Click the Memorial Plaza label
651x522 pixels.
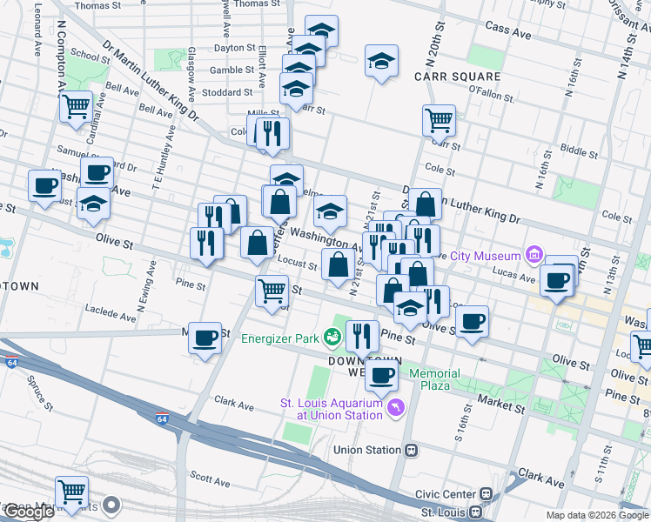click(x=441, y=378)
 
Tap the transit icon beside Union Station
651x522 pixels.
click(x=413, y=451)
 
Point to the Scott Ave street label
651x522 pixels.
click(x=209, y=478)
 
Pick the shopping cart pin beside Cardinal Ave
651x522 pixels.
click(x=77, y=106)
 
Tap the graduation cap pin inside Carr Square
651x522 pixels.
click(x=381, y=62)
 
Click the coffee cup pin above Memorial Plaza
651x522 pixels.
click(x=380, y=374)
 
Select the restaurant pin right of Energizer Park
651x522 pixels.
click(x=362, y=334)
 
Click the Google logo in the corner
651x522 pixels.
click(x=28, y=512)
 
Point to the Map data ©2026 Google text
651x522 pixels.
click(x=597, y=515)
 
